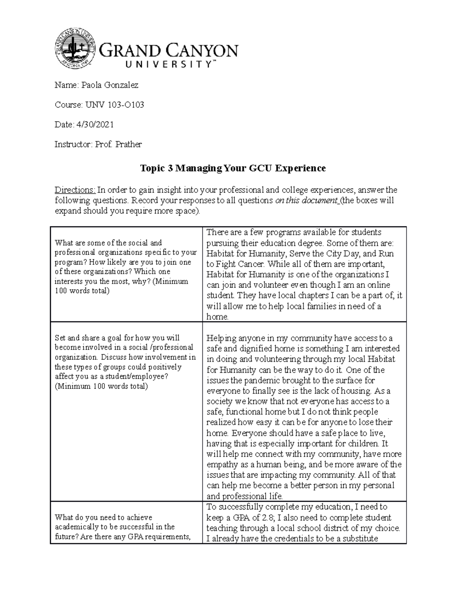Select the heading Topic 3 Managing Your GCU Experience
pyautogui.click(x=233, y=168)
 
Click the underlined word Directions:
pyautogui.click(x=75, y=190)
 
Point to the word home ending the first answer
pyautogui.click(x=217, y=317)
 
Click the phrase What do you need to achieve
pyautogui.click(x=103, y=517)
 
